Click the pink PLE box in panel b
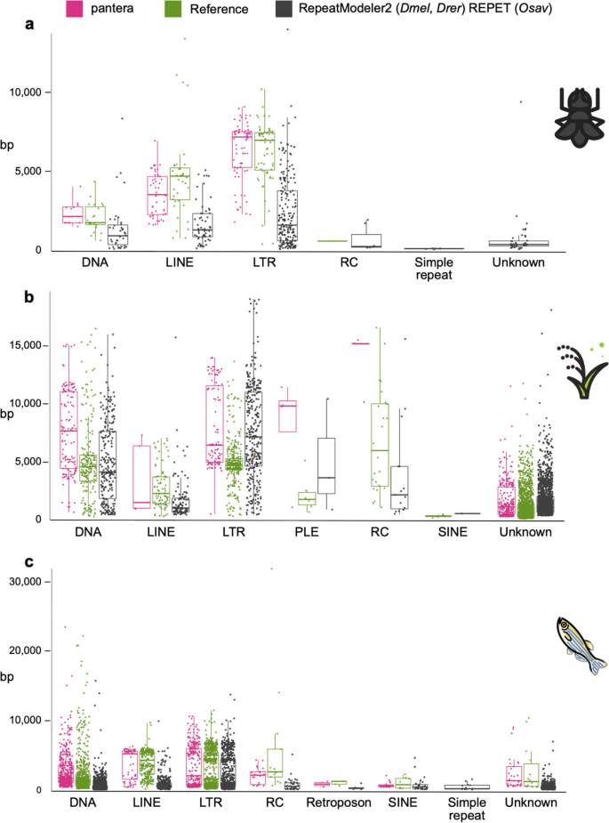tap(286, 416)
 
